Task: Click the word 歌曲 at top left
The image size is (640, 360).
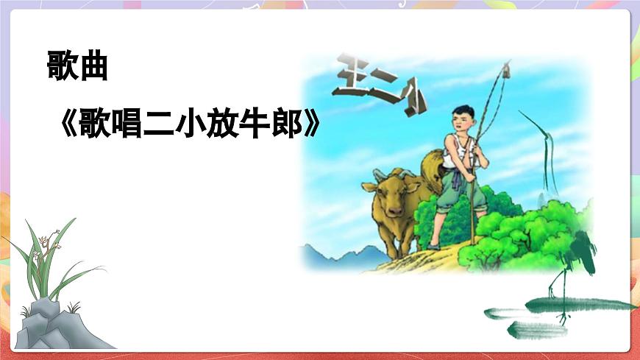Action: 77,67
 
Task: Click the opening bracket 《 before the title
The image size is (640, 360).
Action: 68,127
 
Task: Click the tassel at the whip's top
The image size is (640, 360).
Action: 507,71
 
